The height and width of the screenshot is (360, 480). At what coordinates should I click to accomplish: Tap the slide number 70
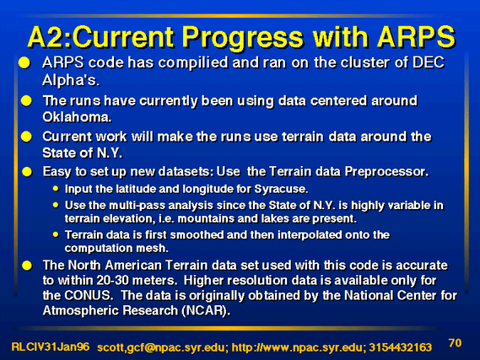pos(455,343)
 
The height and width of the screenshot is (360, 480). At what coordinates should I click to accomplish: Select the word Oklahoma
pos(77,117)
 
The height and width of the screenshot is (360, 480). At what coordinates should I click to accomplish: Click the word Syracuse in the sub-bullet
pos(281,190)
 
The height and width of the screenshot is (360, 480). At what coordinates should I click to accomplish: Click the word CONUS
pos(87,296)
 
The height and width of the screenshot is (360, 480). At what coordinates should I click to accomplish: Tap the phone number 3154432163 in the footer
pos(401,347)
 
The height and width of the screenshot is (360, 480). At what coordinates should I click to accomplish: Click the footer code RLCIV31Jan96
pos(51,347)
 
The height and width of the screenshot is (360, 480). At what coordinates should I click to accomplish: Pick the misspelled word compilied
pos(193,63)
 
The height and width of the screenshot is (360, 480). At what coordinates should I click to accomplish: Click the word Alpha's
pos(71,80)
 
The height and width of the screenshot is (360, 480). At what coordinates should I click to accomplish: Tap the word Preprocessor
pos(386,172)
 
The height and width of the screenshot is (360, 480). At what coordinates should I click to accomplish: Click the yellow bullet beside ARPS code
pos(24,62)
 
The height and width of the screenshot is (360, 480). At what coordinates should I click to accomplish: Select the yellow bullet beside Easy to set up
pos(27,172)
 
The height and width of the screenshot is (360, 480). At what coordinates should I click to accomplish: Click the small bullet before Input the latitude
pos(56,188)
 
